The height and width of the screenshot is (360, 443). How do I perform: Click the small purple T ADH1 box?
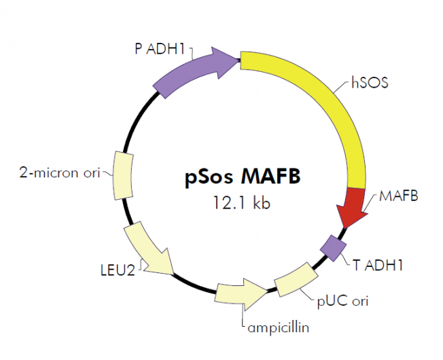coord(334,246)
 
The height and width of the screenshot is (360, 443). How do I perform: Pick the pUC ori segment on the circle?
coord(296,279)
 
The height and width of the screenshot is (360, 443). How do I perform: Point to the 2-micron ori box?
coord(123,175)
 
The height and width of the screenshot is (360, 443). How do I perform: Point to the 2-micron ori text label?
coord(58,174)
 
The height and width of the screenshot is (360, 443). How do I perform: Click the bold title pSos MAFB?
coord(241,179)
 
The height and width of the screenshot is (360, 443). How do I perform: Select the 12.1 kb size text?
coord(242,202)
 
